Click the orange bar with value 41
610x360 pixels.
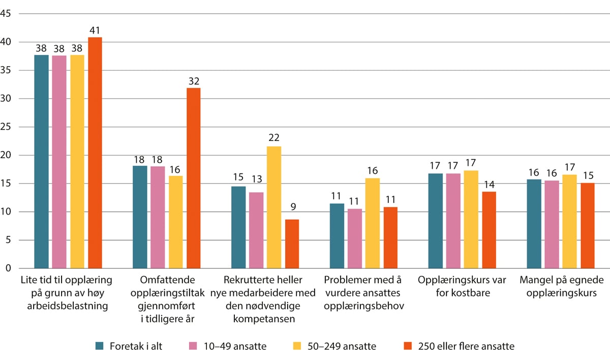[x=95, y=153]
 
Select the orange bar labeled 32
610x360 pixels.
[x=194, y=178]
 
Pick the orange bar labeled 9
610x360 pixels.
[x=292, y=244]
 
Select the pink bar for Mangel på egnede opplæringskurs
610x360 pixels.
[x=552, y=224]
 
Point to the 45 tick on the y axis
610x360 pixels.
[x=6, y=14]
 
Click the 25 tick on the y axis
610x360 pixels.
[x=6, y=127]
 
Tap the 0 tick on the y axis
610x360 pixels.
[x=8, y=268]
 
